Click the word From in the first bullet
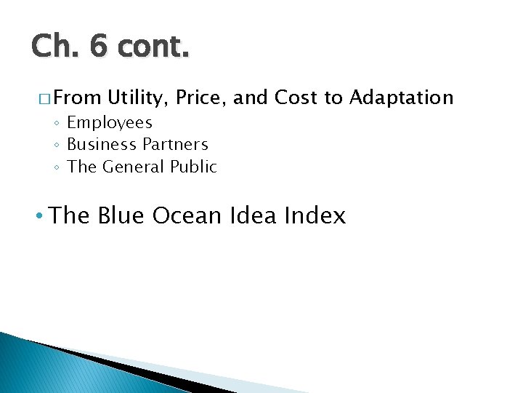76,98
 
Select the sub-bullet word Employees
110,123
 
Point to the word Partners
175,145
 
